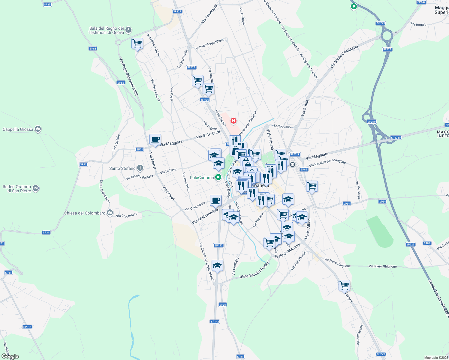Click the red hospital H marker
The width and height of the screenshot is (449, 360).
[233, 121]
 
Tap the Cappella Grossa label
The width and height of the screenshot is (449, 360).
[18, 130]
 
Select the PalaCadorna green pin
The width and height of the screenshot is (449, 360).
[218, 177]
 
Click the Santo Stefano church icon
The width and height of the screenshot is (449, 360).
[140, 168]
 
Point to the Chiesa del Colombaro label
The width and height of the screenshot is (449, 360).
[85, 213]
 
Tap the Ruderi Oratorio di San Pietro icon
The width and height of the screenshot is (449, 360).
[36, 188]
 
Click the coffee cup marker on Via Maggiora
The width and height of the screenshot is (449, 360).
[155, 139]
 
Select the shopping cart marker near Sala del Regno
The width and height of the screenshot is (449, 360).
[137, 43]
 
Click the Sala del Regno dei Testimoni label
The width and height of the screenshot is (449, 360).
[106, 30]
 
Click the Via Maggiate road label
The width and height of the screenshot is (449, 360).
[317, 156]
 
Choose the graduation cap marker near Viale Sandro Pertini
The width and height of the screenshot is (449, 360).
[217, 265]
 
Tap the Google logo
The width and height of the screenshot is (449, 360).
[10, 356]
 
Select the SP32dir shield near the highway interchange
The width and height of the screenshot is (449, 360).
[396, 138]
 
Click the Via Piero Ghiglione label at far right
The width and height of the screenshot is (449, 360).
[383, 266]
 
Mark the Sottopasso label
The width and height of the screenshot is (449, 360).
[282, 127]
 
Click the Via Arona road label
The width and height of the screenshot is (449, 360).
[305, 108]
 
